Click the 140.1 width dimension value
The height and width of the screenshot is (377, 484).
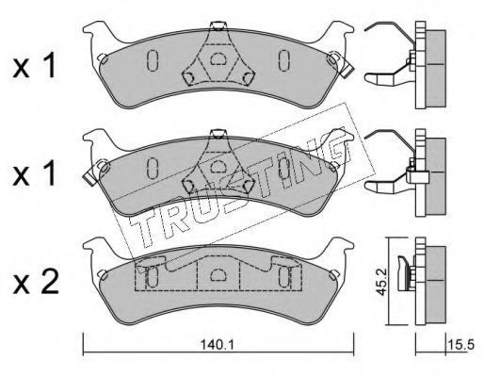click(218, 346)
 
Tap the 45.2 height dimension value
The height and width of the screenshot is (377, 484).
click(381, 282)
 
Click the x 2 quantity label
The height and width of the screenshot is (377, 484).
click(36, 282)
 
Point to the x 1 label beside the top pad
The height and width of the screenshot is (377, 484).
click(35, 66)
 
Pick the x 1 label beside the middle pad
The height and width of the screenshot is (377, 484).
click(35, 173)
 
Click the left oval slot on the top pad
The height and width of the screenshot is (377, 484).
click(153, 60)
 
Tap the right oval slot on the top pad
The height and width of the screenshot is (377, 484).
click(284, 60)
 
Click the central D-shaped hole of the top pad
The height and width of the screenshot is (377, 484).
click(217, 59)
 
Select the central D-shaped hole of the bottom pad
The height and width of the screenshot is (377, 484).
click(217, 275)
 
